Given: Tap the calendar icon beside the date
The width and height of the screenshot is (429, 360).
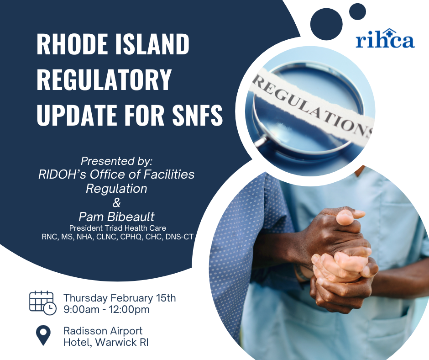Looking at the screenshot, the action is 43,303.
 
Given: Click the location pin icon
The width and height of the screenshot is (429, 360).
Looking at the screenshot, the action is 43,335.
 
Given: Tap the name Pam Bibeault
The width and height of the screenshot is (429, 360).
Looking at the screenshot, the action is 116,217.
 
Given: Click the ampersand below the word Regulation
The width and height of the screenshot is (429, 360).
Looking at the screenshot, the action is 116,203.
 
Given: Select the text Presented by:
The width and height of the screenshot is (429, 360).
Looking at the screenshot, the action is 116,161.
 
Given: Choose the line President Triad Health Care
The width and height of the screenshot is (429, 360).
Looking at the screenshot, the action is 118,228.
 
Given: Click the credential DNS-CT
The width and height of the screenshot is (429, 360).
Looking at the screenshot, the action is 179,237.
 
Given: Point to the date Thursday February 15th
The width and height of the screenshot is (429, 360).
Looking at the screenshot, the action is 120,298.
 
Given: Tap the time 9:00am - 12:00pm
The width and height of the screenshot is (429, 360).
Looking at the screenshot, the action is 107,310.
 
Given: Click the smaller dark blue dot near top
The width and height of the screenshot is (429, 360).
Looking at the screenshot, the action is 358,11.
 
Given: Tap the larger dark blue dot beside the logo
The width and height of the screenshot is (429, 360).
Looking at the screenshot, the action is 326,24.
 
